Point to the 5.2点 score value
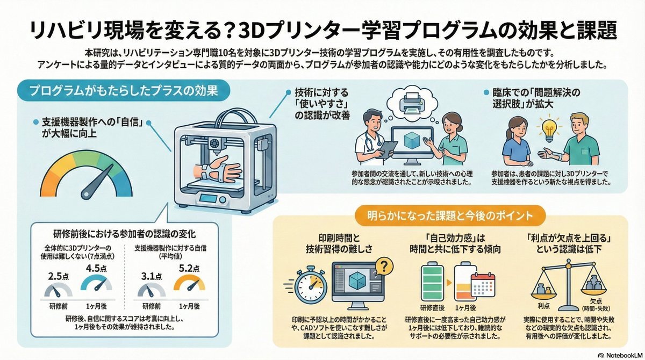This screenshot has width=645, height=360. [191, 268]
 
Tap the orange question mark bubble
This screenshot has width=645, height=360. [384, 266]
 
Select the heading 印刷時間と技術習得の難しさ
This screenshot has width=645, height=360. [335, 242]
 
